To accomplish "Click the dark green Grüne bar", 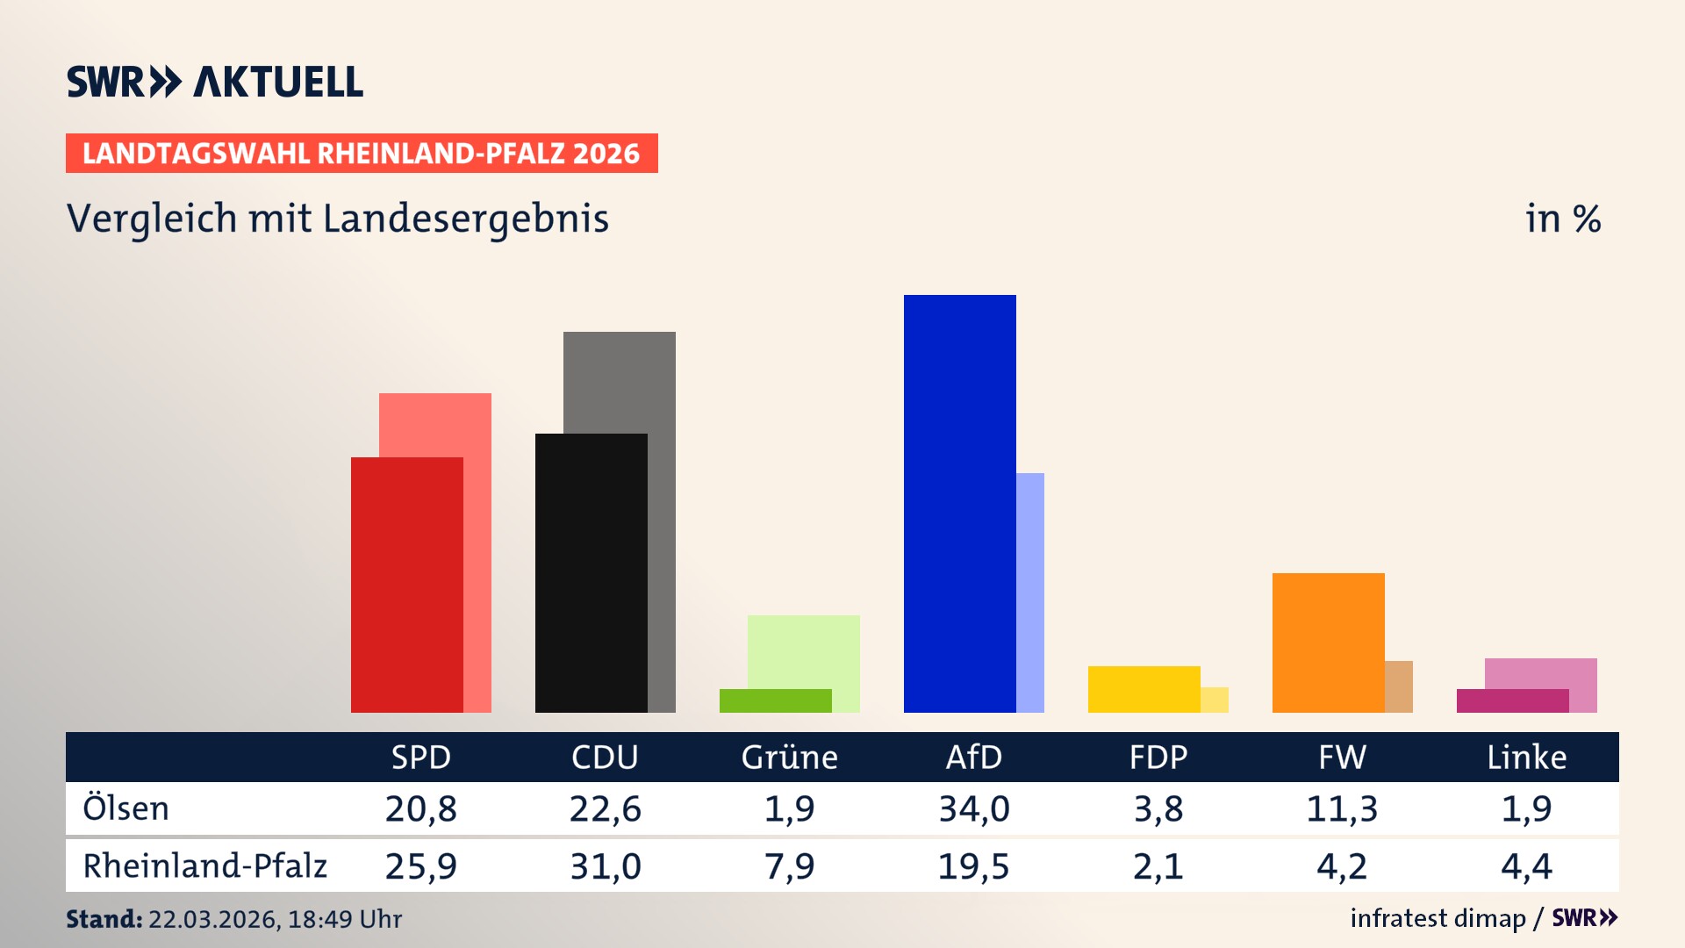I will tap(775, 700).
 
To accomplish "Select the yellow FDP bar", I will tap(1144, 689).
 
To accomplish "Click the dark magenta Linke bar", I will tap(1512, 700).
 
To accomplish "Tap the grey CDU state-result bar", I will tap(662, 527).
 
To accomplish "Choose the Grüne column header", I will tap(789, 757).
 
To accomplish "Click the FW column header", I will tap(1342, 757).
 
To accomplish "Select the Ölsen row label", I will tap(125, 808).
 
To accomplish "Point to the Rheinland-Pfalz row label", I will tap(204, 866).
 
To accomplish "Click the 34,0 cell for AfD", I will tap(973, 808).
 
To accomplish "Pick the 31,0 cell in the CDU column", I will tap(605, 866).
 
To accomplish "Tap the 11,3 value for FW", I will tap(1342, 808).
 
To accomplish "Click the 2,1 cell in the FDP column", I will tap(1158, 866).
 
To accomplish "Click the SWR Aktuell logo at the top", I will tap(215, 82).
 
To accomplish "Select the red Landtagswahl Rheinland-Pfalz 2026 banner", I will tap(362, 154).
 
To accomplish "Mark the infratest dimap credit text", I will tap(1438, 918).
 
